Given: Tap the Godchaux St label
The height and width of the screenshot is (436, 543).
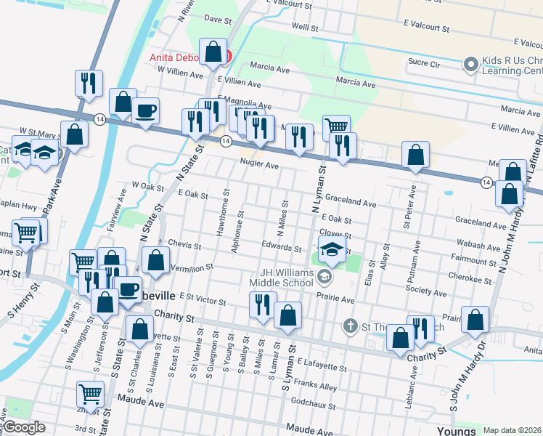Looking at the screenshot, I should (x=312, y=401).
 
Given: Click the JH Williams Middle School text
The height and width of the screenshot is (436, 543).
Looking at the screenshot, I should (x=281, y=278).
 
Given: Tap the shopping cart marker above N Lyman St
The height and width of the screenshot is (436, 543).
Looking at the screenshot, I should (x=336, y=127).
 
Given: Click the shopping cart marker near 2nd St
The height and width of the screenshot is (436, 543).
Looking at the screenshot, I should (x=90, y=395).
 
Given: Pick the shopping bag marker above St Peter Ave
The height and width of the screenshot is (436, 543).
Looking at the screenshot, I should (x=415, y=154).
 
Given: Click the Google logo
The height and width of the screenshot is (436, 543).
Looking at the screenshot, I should (x=23, y=427).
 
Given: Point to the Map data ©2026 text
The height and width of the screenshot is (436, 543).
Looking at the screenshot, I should (x=513, y=430).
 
